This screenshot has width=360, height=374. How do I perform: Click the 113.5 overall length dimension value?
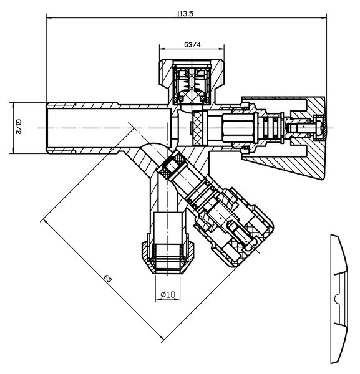(x=185, y=14)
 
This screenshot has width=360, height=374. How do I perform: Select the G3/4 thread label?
(x=192, y=45)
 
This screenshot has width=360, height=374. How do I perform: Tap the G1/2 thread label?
(x=18, y=127)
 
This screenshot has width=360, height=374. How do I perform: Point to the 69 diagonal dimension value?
(x=108, y=278)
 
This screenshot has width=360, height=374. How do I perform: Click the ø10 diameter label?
(x=168, y=295)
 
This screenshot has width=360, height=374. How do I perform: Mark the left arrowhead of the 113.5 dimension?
(x=49, y=17)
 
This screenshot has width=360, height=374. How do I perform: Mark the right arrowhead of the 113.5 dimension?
(x=324, y=17)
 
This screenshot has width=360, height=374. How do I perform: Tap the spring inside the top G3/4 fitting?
(x=192, y=85)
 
